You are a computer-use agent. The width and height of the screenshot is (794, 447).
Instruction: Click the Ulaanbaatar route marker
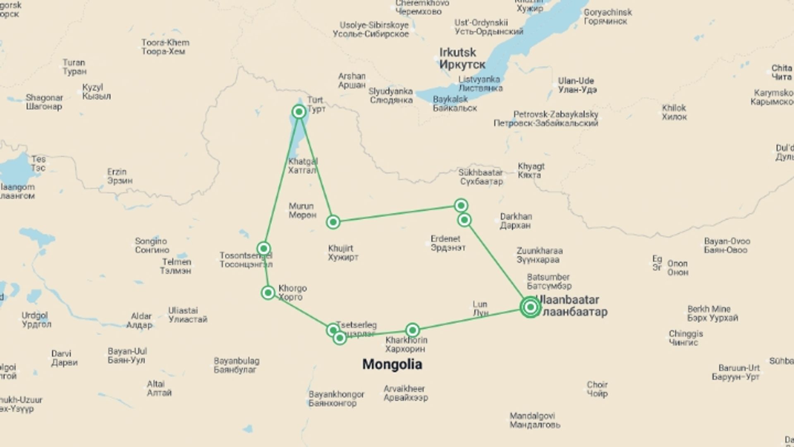coord(530,307)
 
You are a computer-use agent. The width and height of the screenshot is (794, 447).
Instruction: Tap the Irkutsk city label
coord(457,58)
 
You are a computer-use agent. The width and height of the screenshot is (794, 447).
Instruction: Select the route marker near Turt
coord(299,112)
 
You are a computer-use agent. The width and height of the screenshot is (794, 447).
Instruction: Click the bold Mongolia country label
coord(392,364)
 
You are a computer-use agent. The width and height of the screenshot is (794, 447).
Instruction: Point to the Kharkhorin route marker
coord(412,330)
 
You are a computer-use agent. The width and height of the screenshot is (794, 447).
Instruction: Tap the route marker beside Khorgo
coord(268,293)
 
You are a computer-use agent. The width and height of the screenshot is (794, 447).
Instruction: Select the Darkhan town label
coord(515,221)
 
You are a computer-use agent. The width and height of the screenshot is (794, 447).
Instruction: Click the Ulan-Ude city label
coord(576,85)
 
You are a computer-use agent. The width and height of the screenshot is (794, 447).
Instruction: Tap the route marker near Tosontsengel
coord(264,248)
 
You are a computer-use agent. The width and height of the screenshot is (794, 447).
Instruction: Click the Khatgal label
coord(303,166)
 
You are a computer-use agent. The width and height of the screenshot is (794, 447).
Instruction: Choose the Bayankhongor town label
coord(336,399)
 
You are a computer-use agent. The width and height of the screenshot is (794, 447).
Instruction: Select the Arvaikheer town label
coord(405,393)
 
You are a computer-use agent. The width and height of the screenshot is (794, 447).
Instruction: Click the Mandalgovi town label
coord(534,420)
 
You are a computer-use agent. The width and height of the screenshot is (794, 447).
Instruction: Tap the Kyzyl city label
coord(96,91)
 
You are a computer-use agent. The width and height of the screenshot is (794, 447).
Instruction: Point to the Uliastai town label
coord(187,315)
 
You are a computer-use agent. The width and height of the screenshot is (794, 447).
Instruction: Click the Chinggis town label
coord(685,338)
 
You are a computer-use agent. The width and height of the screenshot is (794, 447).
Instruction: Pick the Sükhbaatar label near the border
coord(481,177)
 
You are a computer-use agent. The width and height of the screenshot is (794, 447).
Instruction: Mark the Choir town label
coord(597,389)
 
